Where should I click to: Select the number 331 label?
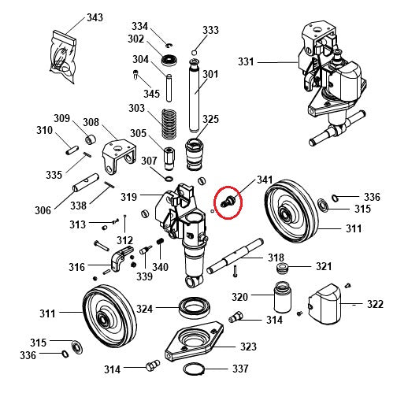pyautogui.click(x=247, y=61)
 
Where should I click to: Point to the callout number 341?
pyautogui.click(x=265, y=180)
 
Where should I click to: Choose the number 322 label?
pyautogui.click(x=375, y=304)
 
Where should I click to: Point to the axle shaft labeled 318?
pyautogui.click(x=244, y=257)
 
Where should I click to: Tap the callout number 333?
pyautogui.click(x=210, y=30)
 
